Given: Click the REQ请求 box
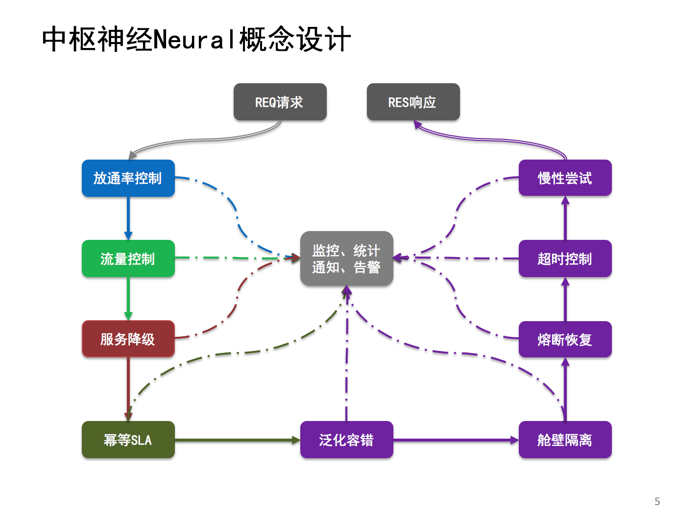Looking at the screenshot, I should coord(280,102).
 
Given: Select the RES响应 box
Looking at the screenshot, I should coord(413,102).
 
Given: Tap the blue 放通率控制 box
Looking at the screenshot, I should coord(128,178).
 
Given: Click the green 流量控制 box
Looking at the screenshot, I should coord(128,258).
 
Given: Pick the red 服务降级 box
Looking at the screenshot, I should coord(128,339).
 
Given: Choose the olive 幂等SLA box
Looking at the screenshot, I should coord(128,440).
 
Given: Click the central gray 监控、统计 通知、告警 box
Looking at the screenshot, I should coord(346,258).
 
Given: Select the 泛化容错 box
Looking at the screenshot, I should coord(346,440).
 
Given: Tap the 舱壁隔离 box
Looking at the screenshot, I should coord(565,440).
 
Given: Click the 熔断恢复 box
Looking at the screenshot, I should coord(565,339).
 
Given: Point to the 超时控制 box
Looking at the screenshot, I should coord(565,258).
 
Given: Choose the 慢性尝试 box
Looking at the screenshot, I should coord(565,178).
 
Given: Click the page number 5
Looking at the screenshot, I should coord(657,501).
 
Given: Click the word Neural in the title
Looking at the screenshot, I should coord(195,40).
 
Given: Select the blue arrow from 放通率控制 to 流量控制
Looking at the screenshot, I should coord(128,218).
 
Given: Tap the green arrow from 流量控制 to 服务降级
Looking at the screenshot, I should coord(128,299).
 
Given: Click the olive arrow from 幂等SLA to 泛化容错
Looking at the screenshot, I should coord(237,440).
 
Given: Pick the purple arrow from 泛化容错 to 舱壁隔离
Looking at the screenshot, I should coord(456,440).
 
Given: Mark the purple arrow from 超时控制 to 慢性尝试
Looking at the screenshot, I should coord(565,218).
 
